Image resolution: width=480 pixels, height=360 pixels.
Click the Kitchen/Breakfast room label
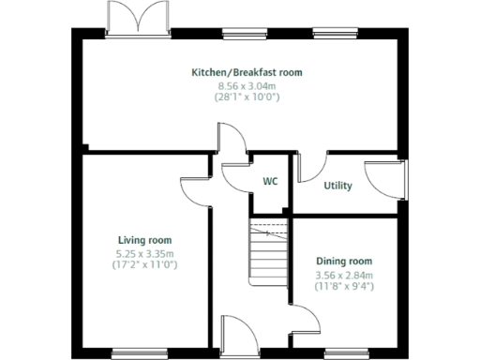point(247,72)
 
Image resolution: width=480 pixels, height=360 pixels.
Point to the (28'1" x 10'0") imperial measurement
point(247,96)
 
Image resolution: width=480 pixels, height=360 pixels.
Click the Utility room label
point(337,186)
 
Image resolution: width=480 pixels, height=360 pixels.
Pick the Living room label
point(144,240)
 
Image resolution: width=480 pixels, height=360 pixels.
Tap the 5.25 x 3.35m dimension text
point(144,253)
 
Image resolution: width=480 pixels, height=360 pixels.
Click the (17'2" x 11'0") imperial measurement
point(144,265)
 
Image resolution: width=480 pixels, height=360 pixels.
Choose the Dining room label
point(344,262)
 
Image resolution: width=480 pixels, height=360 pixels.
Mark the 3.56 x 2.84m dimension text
point(344,275)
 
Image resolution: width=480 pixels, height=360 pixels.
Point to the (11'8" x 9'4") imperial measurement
point(344,286)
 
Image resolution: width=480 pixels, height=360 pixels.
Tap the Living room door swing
point(195,191)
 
